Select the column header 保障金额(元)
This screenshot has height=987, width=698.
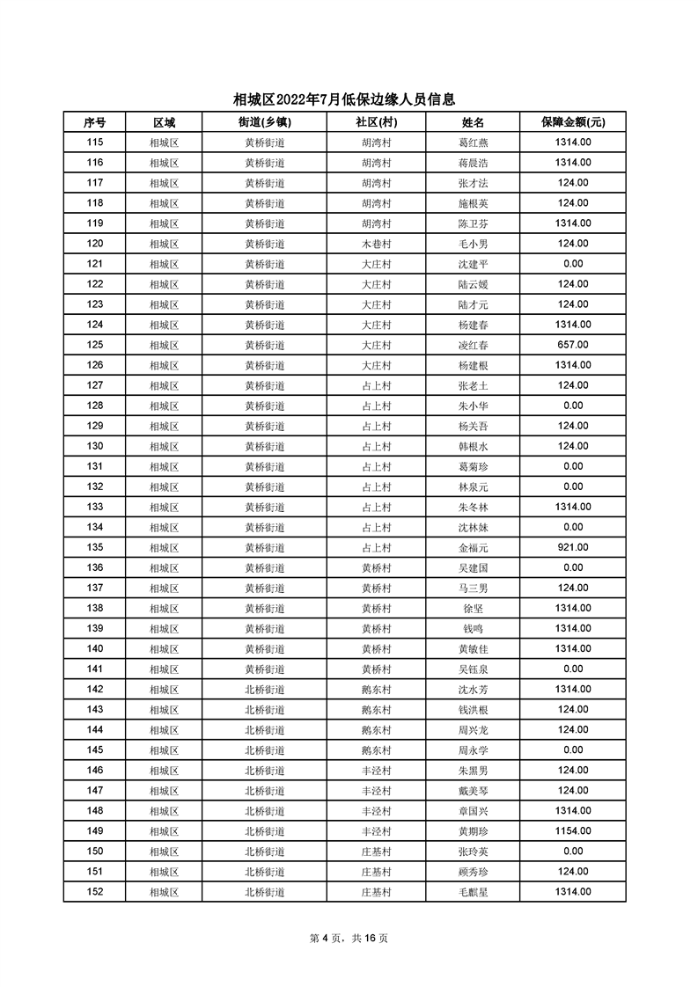pyautogui.click(x=572, y=122)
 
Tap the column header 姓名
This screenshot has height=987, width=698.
pyautogui.click(x=473, y=122)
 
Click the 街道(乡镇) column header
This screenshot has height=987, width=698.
pyautogui.click(x=264, y=122)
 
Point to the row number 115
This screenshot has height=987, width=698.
pyautogui.click(x=95, y=143)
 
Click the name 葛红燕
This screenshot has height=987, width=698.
pyautogui.click(x=473, y=143)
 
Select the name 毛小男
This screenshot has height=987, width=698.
pyautogui.click(x=473, y=244)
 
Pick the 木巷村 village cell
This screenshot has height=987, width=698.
pyautogui.click(x=376, y=244)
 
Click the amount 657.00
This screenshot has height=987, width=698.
pyautogui.click(x=572, y=345)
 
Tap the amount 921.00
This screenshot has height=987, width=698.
pyautogui.click(x=572, y=547)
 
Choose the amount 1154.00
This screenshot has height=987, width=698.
pyautogui.click(x=572, y=830)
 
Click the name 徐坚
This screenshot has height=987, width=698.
pyautogui.click(x=473, y=608)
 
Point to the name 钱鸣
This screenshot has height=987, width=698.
pyautogui.click(x=473, y=628)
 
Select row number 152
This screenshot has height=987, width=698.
pyautogui.click(x=95, y=891)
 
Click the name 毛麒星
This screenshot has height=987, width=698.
pyautogui.click(x=473, y=891)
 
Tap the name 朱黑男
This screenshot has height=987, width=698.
pyautogui.click(x=473, y=770)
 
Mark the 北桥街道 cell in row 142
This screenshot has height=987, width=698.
pyautogui.click(x=264, y=689)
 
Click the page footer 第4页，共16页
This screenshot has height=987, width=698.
pyautogui.click(x=349, y=938)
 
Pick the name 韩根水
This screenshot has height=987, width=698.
pyautogui.click(x=473, y=446)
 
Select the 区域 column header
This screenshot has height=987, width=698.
pyautogui.click(x=164, y=122)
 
